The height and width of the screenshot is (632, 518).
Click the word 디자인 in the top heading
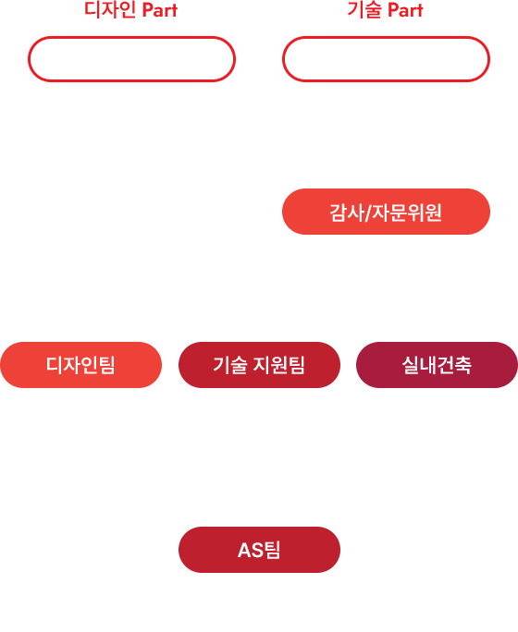pyautogui.click(x=110, y=10)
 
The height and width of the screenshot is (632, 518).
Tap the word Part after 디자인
pyautogui.click(x=160, y=11)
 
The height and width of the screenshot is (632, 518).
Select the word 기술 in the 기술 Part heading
pyautogui.click(x=364, y=10)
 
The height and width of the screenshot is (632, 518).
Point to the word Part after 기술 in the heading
pyautogui.click(x=405, y=11)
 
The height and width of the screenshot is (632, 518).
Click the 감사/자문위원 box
pyautogui.click(x=386, y=212)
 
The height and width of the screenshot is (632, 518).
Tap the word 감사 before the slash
pyautogui.click(x=347, y=213)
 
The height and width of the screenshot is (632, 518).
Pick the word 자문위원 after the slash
pyautogui.click(x=407, y=213)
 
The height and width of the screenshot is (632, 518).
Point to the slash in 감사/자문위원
pyautogui.click(x=367, y=213)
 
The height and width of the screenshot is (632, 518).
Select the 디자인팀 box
pyautogui.click(x=81, y=365)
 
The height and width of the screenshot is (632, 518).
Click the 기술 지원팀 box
pyautogui.click(x=259, y=365)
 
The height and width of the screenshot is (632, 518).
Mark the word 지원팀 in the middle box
pyautogui.click(x=279, y=365)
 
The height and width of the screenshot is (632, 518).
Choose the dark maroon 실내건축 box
pyautogui.click(x=437, y=365)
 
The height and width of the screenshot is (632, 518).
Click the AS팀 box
pyautogui.click(x=259, y=550)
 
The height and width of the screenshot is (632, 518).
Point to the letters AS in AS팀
pyautogui.click(x=250, y=550)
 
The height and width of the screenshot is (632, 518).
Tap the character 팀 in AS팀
pyautogui.click(x=272, y=550)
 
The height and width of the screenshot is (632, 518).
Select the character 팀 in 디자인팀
pyautogui.click(x=107, y=365)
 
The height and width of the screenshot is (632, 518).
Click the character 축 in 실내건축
pyautogui.click(x=463, y=365)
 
